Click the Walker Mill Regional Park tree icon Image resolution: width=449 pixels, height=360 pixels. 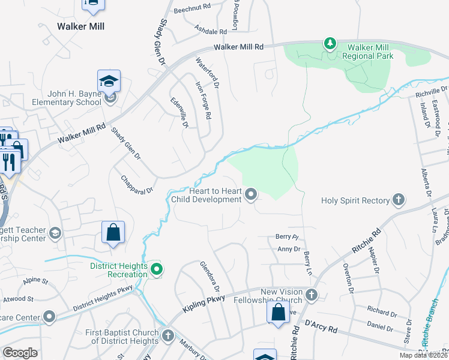(329, 43)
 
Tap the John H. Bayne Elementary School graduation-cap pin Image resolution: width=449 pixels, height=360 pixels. (109, 81)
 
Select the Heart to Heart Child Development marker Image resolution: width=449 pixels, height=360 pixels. (252, 194)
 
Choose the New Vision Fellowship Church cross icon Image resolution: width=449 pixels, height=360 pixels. (311, 294)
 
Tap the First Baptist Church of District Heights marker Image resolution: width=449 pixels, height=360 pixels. (167, 335)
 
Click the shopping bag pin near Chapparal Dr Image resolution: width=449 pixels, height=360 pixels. (113, 232)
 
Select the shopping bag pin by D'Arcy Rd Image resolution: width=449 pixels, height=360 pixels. (277, 312)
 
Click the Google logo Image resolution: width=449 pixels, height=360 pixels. (20, 353)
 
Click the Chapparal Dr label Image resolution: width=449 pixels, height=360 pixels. (137, 184)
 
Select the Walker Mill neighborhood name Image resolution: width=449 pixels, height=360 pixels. (80, 26)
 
